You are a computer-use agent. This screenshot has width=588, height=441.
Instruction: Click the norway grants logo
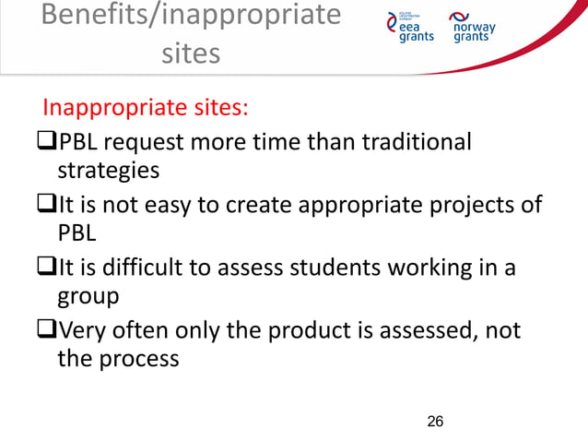[x=471, y=29]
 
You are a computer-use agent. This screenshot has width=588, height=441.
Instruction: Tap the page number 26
[x=436, y=422]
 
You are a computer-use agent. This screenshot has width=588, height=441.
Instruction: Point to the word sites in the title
[x=191, y=54]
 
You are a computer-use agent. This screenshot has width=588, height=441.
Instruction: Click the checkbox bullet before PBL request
[x=46, y=142]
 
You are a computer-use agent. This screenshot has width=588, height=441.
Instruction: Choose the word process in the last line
[x=145, y=359]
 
